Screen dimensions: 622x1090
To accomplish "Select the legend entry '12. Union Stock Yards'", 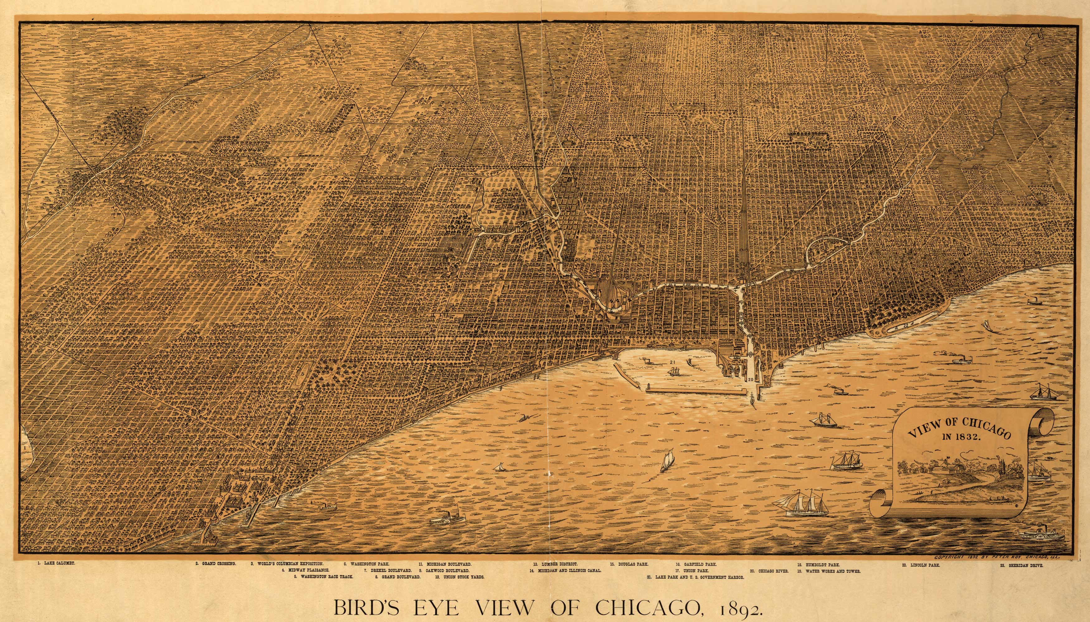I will (459, 577).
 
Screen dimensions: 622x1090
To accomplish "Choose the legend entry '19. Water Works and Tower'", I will (828, 571).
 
